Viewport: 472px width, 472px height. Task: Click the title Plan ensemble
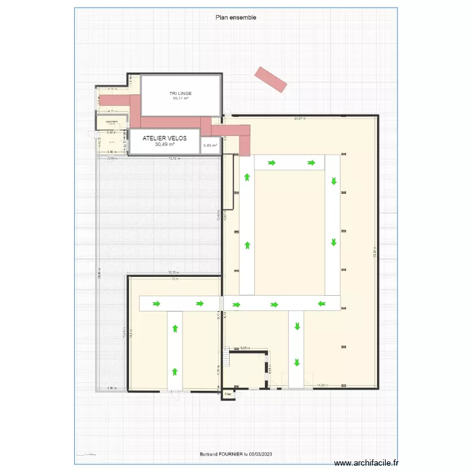(236, 18)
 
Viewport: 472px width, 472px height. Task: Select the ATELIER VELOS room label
(165, 138)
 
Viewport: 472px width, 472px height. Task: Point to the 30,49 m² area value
(164, 144)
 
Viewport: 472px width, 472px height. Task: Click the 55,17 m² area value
(181, 98)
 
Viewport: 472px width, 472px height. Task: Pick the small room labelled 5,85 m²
(210, 146)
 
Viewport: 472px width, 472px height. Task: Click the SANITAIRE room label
(111, 121)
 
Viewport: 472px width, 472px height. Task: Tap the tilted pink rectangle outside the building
(271, 79)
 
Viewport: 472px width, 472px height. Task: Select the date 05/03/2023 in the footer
(261, 454)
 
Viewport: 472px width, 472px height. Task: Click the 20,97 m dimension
(300, 118)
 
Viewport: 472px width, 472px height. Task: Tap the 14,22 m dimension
(322, 385)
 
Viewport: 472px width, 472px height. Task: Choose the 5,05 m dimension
(245, 347)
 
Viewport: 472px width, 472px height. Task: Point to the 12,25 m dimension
(174, 273)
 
